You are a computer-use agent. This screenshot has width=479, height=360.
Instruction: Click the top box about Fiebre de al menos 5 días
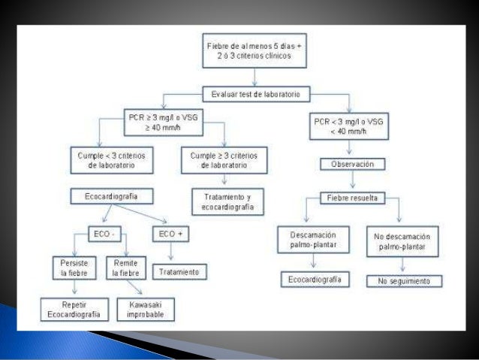pos(255,52)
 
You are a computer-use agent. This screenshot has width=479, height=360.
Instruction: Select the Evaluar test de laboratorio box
pos(255,94)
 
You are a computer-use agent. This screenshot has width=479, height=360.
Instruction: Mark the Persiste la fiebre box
pos(72,268)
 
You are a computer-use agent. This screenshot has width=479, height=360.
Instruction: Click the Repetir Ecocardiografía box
pos(73,307)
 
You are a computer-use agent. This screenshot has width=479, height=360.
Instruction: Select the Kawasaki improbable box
pos(145,307)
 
